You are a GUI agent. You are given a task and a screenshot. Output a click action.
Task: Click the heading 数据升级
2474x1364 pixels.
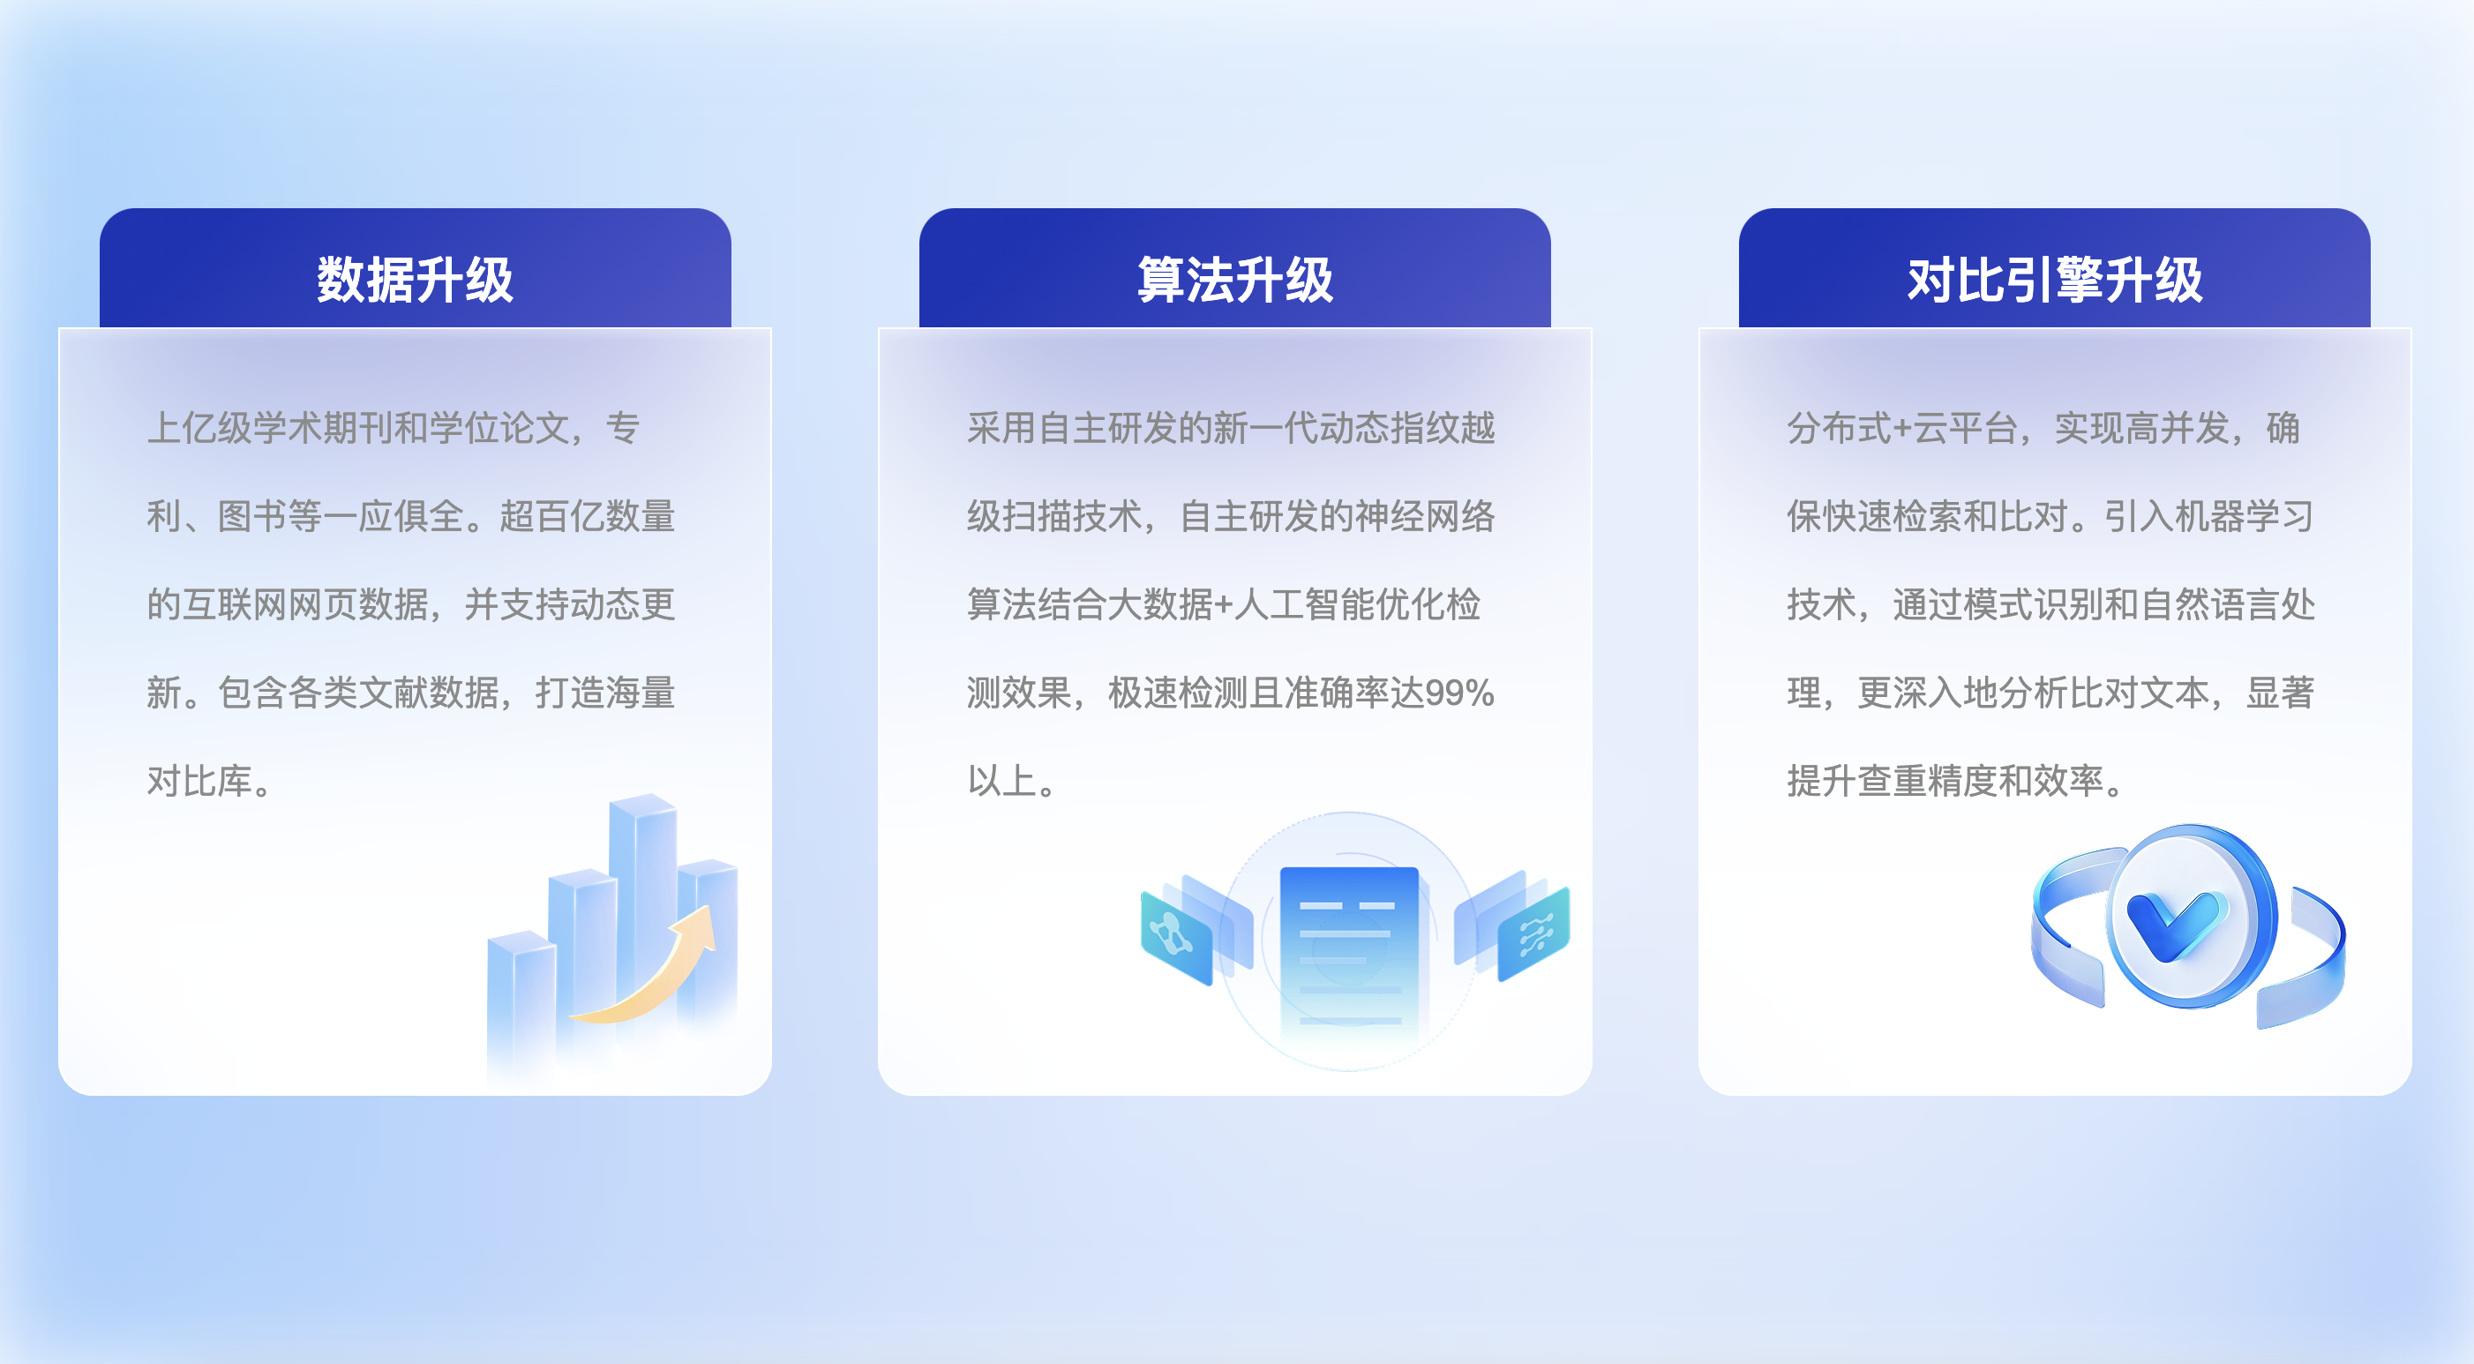(415, 280)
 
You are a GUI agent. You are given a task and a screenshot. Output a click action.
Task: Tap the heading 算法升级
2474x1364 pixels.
(1235, 280)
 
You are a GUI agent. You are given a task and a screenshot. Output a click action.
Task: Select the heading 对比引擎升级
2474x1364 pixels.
(2054, 280)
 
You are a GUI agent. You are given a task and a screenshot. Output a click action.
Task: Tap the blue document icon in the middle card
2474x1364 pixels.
(1348, 951)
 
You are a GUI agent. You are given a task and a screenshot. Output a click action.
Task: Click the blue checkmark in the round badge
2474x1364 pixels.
(2175, 922)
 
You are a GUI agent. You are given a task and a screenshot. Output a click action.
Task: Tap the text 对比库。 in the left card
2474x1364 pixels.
(210, 781)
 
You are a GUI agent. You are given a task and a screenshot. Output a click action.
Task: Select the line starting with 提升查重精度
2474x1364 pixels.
(1956, 781)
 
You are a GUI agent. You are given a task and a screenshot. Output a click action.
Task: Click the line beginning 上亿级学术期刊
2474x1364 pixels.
(394, 429)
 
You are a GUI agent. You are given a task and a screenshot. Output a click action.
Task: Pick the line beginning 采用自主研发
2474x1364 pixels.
(1231, 429)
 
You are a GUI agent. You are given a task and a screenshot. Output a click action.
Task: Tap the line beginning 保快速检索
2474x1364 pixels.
(2050, 517)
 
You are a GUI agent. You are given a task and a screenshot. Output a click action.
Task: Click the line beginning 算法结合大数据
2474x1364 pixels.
(1224, 605)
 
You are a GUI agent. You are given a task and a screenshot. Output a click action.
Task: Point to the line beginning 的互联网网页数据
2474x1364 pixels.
(411, 605)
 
